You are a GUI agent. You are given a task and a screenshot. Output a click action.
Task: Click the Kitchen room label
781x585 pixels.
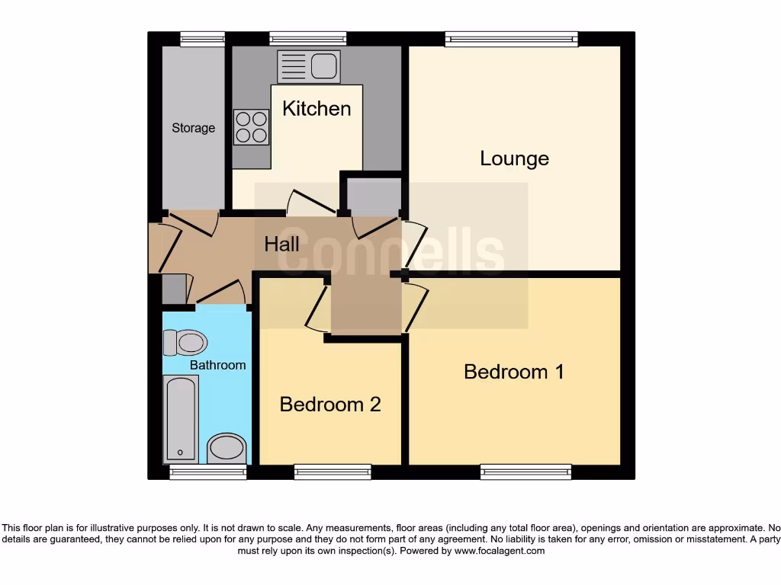coord(317,108)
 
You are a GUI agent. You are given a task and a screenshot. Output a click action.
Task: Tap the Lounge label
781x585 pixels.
coord(514,158)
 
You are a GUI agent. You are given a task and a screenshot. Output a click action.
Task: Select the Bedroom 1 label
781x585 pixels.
coord(514,372)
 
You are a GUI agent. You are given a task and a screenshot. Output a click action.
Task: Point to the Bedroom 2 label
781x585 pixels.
coord(330,404)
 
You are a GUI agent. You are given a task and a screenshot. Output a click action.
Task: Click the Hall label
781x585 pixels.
coord(281,245)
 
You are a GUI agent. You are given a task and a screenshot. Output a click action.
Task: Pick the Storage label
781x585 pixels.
coord(193,128)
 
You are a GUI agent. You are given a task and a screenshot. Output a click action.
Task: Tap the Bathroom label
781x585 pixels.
coord(217,365)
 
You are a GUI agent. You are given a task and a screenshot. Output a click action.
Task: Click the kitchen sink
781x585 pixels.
coord(309,66)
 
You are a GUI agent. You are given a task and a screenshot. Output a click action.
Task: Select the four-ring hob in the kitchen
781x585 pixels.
coord(251,127)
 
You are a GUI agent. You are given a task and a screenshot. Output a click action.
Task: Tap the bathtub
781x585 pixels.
coord(182,420)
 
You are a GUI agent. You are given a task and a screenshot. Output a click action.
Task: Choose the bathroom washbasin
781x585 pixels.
coord(227,448)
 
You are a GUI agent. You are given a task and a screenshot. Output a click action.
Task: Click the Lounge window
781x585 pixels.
coord(512,39)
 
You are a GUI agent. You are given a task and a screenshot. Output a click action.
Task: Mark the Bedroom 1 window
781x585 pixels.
coord(526,472)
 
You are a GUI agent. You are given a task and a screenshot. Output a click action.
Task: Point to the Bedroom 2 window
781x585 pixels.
coord(333,472)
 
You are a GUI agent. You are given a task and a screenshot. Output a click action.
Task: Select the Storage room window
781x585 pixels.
coord(202,39)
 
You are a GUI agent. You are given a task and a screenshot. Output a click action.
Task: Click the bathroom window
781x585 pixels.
coord(208,472)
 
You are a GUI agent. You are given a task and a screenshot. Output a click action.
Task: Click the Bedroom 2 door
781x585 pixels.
coord(316,308)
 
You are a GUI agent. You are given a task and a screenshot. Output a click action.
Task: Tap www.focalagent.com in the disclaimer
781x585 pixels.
coord(499,551)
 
